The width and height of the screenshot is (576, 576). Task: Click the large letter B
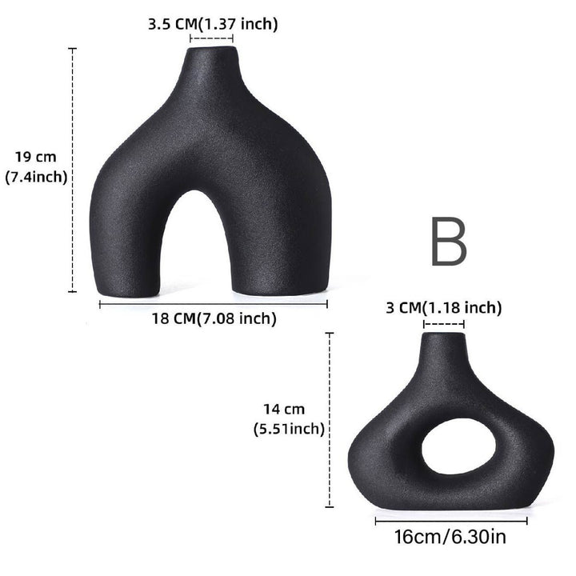coord(449,241)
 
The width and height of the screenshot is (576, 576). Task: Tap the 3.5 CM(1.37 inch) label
coord(213,24)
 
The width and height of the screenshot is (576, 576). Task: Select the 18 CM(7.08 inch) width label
coord(214,318)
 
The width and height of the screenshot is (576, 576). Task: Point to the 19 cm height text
coord(36,157)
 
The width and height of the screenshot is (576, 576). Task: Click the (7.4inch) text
coord(36,177)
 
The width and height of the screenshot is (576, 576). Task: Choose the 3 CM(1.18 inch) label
coord(444,307)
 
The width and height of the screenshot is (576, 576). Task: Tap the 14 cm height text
coord(284,409)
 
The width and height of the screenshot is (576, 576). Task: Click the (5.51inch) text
coord(289,429)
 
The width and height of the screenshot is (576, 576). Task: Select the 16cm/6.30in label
coord(450,537)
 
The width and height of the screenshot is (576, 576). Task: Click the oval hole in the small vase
coord(459,446)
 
